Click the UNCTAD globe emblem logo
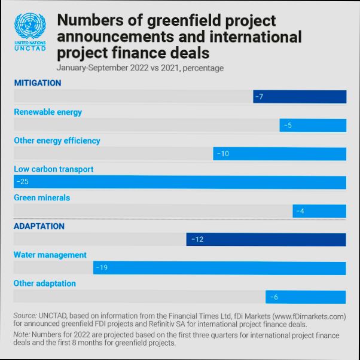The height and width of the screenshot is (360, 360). [29, 27]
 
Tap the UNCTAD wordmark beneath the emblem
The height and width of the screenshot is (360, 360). [29, 48]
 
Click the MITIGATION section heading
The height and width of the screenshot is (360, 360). [38, 83]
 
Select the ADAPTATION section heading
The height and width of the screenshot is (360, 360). [39, 227]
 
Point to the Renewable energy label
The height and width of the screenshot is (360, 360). [48, 112]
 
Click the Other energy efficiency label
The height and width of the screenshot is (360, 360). [57, 141]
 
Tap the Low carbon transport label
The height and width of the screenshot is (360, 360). [54, 169]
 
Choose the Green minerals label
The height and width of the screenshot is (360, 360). [42, 198]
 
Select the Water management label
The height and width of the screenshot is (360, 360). [50, 255]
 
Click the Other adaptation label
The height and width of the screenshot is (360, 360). [45, 283]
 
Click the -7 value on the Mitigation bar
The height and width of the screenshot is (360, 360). [259, 97]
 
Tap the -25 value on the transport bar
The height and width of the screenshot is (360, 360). [22, 182]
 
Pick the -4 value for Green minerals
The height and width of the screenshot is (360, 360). [300, 211]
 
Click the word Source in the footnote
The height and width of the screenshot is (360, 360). [25, 316]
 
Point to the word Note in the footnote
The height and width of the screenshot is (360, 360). [23, 335]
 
